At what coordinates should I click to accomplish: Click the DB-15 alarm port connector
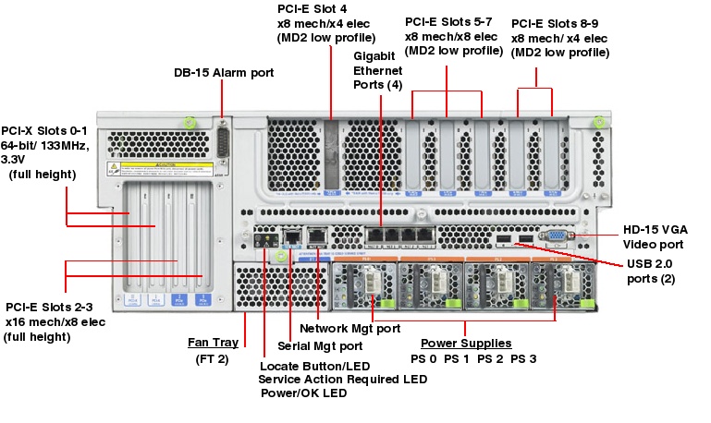[x=222, y=144]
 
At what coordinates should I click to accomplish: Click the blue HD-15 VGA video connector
[x=559, y=236]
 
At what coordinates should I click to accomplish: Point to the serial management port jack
[x=291, y=236]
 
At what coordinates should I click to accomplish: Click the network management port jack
[x=317, y=236]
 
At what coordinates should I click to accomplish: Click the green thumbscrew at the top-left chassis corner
[x=189, y=122]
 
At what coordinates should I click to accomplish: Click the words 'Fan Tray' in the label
[x=213, y=343]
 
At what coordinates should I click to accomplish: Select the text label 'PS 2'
[x=491, y=358]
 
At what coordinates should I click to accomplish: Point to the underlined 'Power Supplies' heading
[x=466, y=344]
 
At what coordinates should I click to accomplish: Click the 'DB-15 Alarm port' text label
[x=224, y=72]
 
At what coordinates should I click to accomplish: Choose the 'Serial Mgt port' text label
[x=320, y=346]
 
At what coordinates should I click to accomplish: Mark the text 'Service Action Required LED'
[x=342, y=379]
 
